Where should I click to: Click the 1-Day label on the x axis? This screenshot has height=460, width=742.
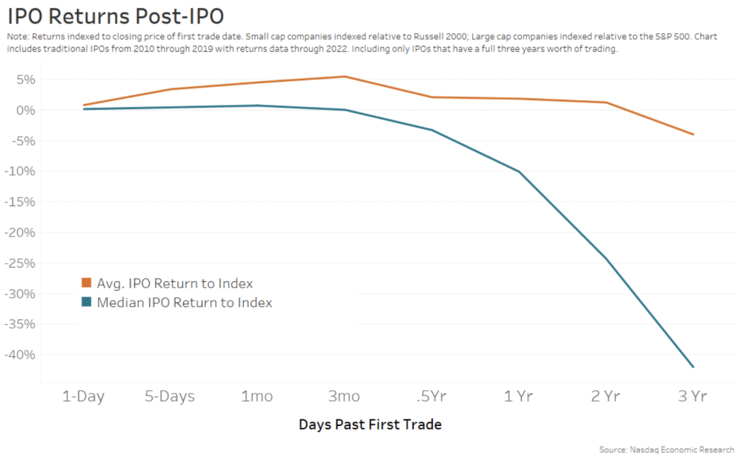click(x=82, y=396)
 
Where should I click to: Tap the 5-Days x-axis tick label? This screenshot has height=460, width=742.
click(x=170, y=396)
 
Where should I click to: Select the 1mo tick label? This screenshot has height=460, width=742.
click(x=257, y=396)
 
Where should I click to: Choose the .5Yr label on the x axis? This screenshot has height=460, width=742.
click(x=431, y=396)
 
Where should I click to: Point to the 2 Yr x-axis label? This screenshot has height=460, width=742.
click(x=606, y=396)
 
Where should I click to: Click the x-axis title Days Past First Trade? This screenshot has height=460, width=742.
click(x=370, y=425)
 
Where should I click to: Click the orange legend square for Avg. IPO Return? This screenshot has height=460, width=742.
click(x=86, y=283)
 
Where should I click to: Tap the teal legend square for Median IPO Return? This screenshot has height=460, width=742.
click(x=86, y=303)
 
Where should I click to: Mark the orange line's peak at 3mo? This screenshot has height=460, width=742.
click(x=345, y=76)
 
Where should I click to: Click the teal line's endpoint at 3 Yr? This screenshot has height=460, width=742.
click(x=693, y=367)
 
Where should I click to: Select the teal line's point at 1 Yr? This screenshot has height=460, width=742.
click(x=519, y=171)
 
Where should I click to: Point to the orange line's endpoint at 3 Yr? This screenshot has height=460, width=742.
click(x=693, y=134)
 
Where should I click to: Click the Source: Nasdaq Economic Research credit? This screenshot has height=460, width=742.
click(x=666, y=450)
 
